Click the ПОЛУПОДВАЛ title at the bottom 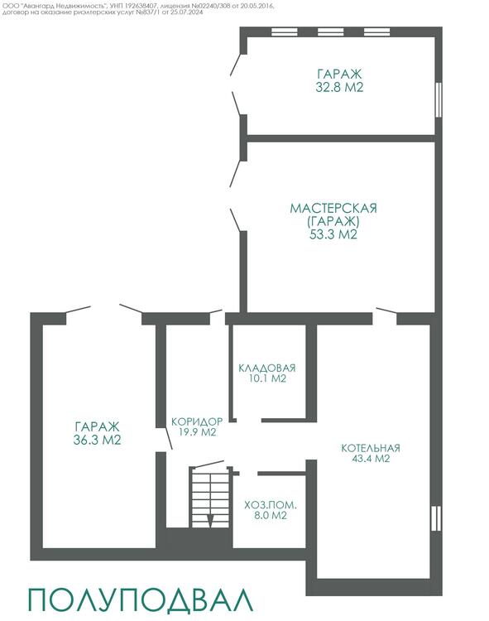point(141,600)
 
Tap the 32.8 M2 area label point(339,87)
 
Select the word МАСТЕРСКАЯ point(333,209)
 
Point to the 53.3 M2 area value point(333,234)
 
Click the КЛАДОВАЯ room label point(267,368)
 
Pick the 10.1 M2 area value point(267,378)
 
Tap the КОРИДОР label point(197,421)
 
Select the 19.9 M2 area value point(198,431)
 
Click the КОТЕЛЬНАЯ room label point(371,448)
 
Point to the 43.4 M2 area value point(371,459)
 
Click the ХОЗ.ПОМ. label point(271,505)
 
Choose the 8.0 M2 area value point(271,516)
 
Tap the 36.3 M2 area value point(97,440)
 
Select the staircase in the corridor point(210,498)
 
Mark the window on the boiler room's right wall point(436,518)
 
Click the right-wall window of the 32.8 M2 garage point(439,99)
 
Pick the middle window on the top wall point(331,31)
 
